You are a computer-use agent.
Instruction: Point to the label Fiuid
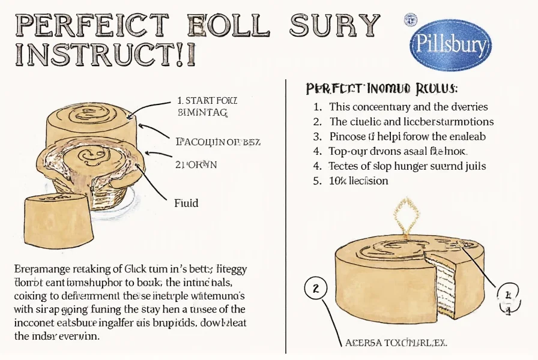click(186, 203)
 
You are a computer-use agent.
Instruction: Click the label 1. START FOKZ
click(208, 100)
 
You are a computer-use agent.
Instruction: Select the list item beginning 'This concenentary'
click(408, 107)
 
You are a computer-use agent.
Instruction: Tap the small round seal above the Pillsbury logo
click(411, 19)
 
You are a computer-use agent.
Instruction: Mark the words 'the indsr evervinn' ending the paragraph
click(58, 336)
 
